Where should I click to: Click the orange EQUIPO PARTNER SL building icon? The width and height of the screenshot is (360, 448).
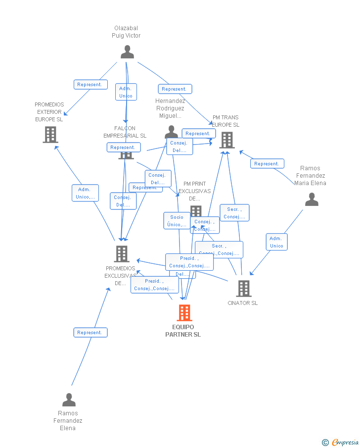184,313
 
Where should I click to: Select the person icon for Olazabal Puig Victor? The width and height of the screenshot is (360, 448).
127,52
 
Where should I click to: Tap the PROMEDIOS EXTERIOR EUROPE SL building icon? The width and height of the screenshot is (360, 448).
50,135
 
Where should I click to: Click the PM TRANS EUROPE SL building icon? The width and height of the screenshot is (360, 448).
226,140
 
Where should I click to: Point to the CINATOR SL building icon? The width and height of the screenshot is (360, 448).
243,289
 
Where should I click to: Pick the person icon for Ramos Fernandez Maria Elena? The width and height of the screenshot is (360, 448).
312,199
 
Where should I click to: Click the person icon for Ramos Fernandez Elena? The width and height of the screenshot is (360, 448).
69,399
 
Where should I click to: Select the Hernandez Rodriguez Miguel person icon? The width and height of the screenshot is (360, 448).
172,132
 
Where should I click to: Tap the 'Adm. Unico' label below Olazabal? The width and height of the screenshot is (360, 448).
126,92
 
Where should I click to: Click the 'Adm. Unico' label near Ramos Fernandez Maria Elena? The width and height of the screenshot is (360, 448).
276,242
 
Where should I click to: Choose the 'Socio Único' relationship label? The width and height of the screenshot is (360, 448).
177,221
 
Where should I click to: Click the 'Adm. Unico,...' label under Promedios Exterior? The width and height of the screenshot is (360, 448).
85,193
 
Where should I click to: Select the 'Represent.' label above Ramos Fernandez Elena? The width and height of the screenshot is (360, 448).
90,333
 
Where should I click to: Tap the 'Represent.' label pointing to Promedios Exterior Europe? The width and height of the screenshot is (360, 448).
90,85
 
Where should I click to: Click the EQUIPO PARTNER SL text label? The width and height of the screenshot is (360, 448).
183,331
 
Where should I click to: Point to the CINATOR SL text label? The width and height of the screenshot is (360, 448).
243,303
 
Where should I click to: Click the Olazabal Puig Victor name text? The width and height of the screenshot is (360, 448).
126,32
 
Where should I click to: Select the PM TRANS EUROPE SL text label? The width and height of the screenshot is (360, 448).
225,121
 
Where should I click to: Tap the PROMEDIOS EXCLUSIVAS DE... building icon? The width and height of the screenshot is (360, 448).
122,254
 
